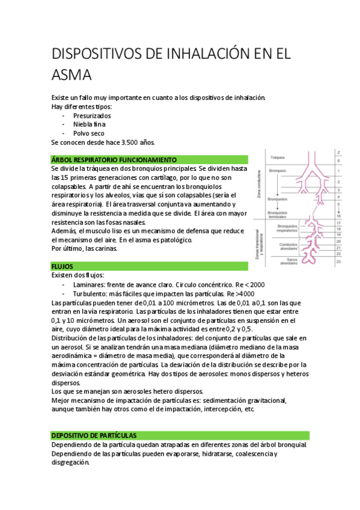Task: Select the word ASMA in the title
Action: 72,76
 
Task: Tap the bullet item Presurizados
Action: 92,115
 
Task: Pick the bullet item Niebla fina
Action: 90,124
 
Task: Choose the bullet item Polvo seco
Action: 88,133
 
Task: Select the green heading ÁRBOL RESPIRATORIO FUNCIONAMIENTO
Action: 114,160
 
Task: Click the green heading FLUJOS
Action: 63,265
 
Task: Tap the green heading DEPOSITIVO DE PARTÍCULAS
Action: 94,435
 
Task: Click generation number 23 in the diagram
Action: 339,262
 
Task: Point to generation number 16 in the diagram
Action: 339,215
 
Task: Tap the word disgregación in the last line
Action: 70,463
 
